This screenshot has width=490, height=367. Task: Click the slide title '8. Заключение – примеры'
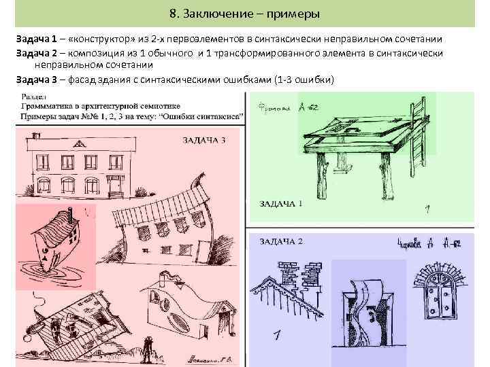pos(245,14)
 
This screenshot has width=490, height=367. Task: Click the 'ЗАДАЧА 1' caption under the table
pos(281,203)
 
